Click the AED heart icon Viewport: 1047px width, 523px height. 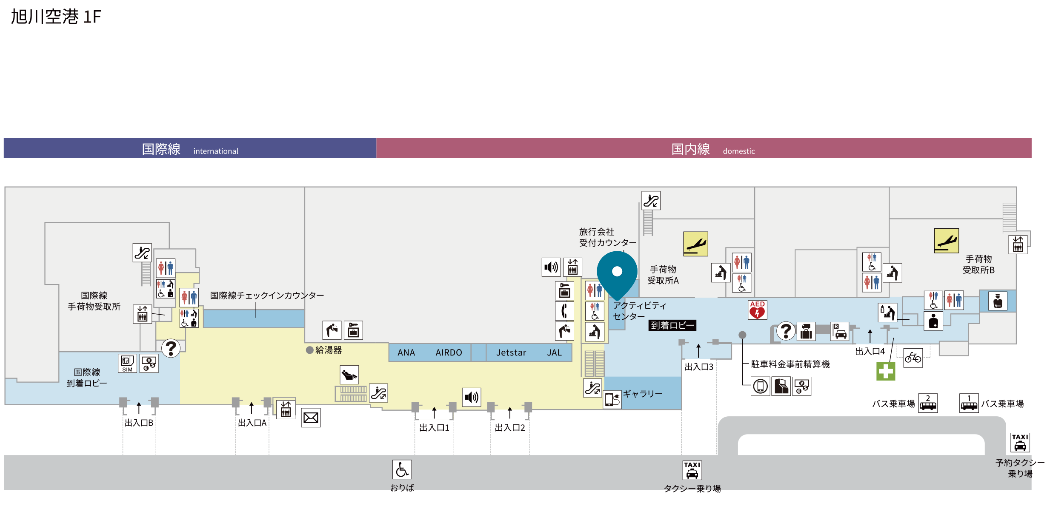tap(757, 310)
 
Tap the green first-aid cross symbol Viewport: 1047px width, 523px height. tap(886, 371)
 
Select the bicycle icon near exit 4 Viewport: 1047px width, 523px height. tap(913, 358)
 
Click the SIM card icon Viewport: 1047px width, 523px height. tap(127, 364)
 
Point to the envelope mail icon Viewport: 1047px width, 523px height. tap(311, 418)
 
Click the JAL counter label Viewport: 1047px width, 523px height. tap(554, 352)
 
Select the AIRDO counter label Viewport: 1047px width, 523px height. tap(449, 352)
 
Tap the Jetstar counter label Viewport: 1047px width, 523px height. tap(511, 352)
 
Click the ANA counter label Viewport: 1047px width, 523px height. tap(406, 352)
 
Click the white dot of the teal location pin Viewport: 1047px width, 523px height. tap(617, 271)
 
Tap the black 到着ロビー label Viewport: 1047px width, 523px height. tap(672, 325)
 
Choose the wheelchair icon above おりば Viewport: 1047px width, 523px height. tap(402, 469)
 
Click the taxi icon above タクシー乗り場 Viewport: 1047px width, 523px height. tap(692, 470)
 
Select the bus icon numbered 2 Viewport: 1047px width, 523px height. tap(928, 403)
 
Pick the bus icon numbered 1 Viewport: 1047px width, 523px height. tap(969, 403)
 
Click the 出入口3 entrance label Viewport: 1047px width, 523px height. tap(699, 367)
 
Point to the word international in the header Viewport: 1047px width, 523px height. tap(216, 151)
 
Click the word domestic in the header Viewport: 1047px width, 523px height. tap(739, 151)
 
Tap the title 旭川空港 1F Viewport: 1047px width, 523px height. tap(56, 17)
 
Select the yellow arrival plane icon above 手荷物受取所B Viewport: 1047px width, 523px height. tap(947, 241)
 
